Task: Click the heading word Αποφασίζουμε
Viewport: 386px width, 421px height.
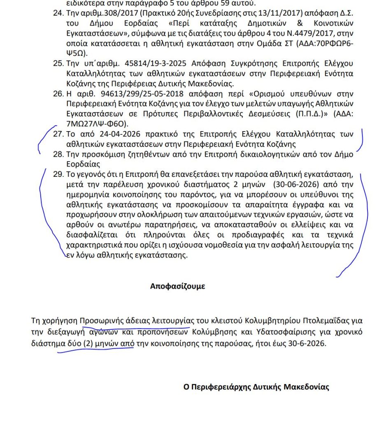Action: tap(177, 287)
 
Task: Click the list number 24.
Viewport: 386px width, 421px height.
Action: tap(58, 14)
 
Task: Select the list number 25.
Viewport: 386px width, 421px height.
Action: tap(58, 64)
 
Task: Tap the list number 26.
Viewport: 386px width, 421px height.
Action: tap(58, 93)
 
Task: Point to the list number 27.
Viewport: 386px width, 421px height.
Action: tap(58, 134)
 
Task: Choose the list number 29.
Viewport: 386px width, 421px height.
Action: tap(58, 174)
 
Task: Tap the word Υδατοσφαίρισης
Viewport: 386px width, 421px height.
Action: tap(281, 332)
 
